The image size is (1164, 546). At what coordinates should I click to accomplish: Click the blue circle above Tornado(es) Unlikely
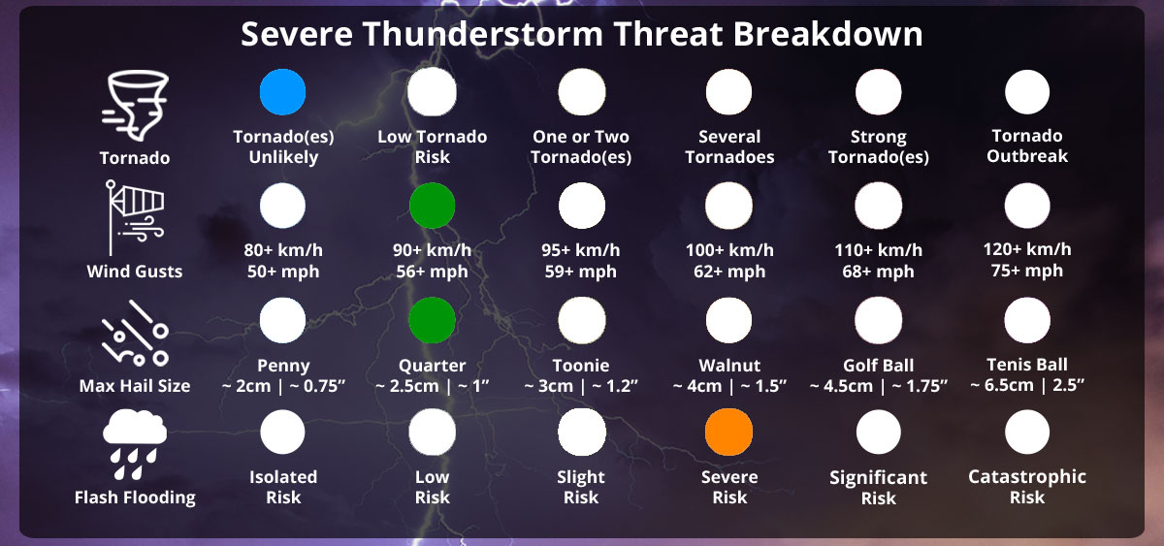[x=283, y=92]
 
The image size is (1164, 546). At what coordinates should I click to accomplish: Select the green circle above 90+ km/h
[x=432, y=206]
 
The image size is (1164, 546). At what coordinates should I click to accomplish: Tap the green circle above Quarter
[x=432, y=320]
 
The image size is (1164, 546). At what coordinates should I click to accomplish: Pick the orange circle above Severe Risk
[x=729, y=433]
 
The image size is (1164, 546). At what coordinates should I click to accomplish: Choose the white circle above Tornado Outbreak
[x=1027, y=92]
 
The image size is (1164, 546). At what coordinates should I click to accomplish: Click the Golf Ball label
[x=878, y=366]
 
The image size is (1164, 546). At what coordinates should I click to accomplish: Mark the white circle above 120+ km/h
[x=1027, y=206]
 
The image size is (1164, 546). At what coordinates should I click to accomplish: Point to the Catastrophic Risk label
[x=1027, y=487]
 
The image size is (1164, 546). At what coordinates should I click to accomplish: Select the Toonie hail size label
[x=581, y=366]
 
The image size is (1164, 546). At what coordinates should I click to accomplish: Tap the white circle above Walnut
[x=729, y=320]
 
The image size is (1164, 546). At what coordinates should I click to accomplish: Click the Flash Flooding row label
[x=135, y=498]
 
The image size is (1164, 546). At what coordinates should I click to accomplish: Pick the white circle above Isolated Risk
[x=283, y=433]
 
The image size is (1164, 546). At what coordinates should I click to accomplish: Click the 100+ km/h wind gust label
[x=729, y=250]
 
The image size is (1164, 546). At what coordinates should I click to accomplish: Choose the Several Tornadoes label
[x=729, y=146]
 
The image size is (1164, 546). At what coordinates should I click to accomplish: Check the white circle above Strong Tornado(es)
[x=878, y=92]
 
